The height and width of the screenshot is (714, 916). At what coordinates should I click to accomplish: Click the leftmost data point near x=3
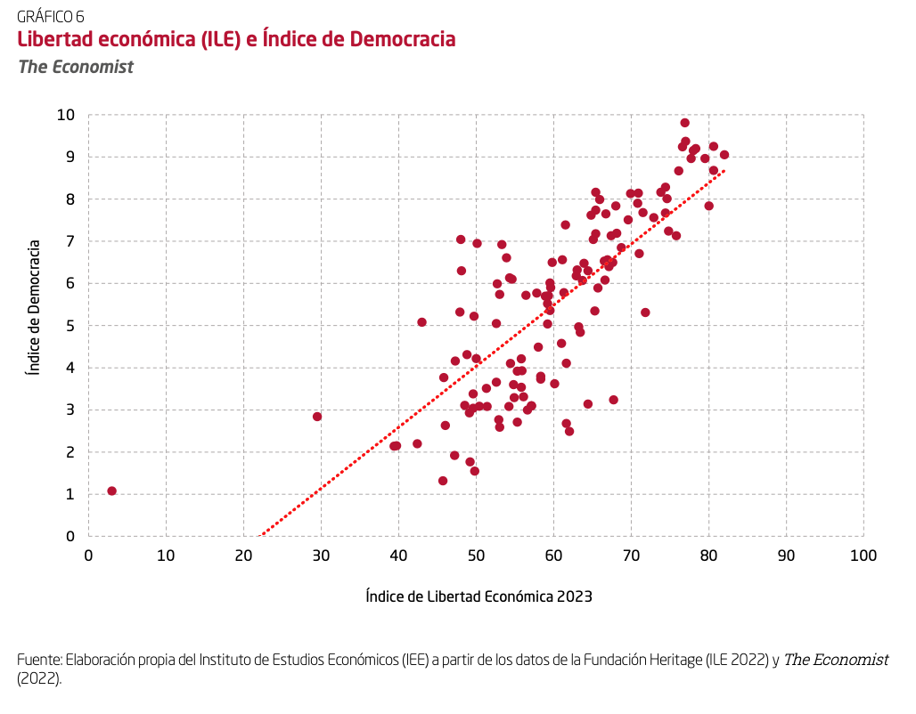tap(111, 491)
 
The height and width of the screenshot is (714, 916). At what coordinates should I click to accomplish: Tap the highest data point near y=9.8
tap(684, 123)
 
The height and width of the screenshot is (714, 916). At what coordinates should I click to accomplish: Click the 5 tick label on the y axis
tap(69, 326)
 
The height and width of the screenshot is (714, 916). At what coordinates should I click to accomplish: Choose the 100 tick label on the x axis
tap(863, 556)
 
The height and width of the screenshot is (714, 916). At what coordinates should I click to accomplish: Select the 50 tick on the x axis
tap(476, 556)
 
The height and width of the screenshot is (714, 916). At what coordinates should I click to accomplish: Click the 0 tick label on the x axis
tap(88, 556)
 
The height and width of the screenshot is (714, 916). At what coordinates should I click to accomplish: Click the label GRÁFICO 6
tap(51, 16)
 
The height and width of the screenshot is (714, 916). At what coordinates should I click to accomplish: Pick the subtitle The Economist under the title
tap(76, 67)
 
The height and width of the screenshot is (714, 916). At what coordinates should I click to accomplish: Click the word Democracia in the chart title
tap(403, 40)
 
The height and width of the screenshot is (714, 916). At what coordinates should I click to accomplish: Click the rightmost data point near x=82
tap(724, 155)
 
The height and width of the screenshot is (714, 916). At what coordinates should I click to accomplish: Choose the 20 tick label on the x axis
tap(243, 556)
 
